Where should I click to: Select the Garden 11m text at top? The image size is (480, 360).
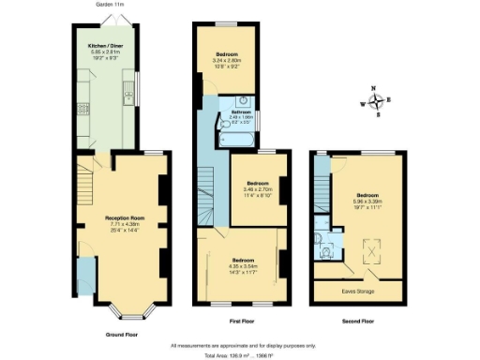pyautogui.click(x=112, y=4)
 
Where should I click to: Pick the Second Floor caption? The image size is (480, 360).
pyautogui.click(x=360, y=322)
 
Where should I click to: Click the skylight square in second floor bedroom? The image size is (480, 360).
pyautogui.click(x=367, y=250)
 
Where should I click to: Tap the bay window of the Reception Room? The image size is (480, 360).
pyautogui.click(x=123, y=308)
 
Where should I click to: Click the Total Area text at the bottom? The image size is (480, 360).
pyautogui.click(x=241, y=353)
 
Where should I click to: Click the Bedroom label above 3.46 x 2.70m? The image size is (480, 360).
pyautogui.click(x=259, y=183)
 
